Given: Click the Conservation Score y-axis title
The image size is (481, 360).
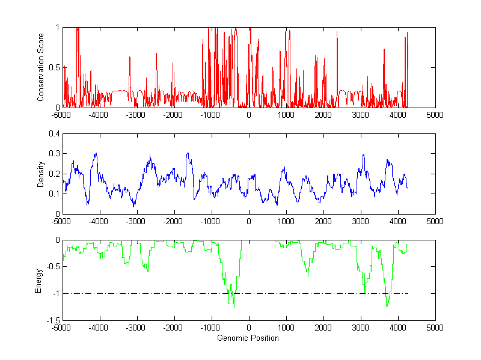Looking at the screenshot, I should [40, 67].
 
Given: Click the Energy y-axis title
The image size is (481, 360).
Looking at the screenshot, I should [40, 280].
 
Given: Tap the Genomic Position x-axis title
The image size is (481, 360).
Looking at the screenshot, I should [248, 338].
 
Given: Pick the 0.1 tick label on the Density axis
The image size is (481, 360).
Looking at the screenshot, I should [52, 194].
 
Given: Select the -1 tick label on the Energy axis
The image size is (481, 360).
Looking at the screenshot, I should [54, 294].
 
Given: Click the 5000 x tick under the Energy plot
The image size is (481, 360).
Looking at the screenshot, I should [435, 328].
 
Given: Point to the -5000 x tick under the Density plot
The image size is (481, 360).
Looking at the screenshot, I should [62, 221].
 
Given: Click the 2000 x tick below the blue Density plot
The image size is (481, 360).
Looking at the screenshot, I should [323, 221].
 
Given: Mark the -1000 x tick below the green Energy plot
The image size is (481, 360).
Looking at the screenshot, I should [211, 328].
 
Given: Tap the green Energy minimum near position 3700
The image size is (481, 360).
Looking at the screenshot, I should [387, 306].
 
